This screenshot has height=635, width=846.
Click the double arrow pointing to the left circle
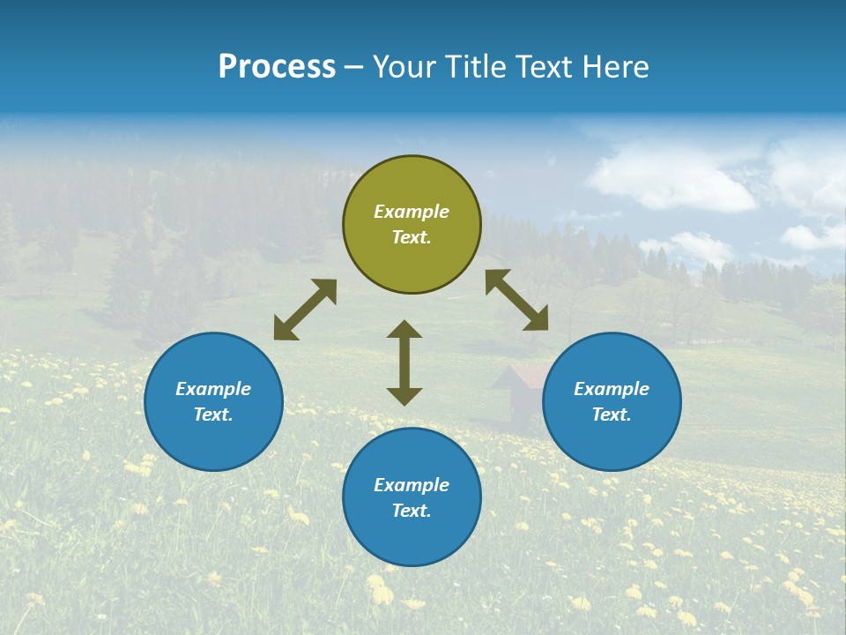[x=305, y=310]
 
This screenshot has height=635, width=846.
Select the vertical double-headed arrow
[x=404, y=362]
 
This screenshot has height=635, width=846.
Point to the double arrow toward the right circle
[x=517, y=300]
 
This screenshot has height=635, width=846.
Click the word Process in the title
[x=277, y=66]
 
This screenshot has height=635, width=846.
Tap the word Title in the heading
[x=474, y=66]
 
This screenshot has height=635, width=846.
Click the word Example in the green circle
[x=412, y=212]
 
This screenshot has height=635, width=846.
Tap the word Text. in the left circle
[x=213, y=415]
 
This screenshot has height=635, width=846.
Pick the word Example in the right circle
[x=612, y=389]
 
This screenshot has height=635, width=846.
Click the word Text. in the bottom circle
[x=412, y=511]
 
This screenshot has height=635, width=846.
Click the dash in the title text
[x=354, y=67]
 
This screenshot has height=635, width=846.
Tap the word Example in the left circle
[x=213, y=389]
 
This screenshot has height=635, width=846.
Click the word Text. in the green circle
[x=412, y=237]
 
